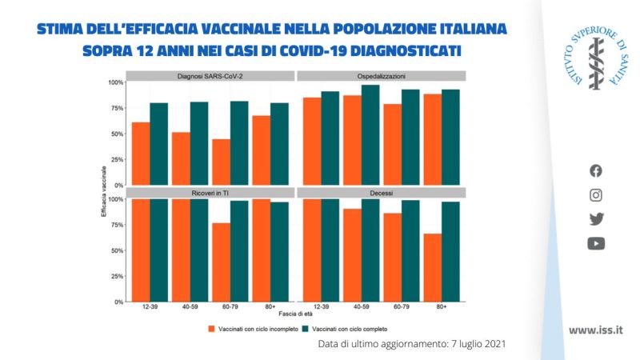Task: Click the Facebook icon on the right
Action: tap(596, 170)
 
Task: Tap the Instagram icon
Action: tap(596, 194)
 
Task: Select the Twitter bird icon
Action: tap(596, 219)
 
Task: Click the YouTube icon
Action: tap(596, 244)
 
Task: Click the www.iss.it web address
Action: tap(596, 330)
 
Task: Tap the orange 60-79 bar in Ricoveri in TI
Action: tap(220, 262)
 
